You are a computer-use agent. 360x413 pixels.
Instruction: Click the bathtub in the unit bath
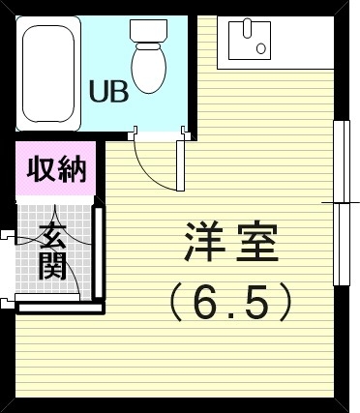[x=46, y=73]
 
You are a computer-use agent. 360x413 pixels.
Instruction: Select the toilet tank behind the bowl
[x=150, y=32]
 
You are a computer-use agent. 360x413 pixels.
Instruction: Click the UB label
[x=108, y=93]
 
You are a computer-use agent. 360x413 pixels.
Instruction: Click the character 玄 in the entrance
[x=54, y=235]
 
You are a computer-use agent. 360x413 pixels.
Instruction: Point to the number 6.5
[x=232, y=304]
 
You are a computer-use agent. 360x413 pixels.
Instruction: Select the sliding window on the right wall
[x=340, y=202]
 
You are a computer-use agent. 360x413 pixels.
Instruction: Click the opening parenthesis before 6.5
[x=178, y=304]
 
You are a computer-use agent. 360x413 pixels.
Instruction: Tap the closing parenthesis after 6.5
[x=285, y=304]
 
